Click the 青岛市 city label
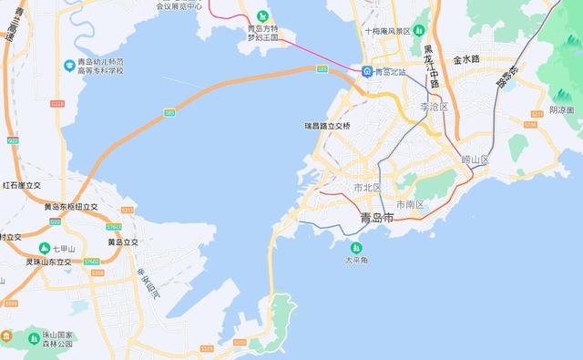[x=376, y=218]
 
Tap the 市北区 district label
[x=367, y=188]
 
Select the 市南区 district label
[x=409, y=203]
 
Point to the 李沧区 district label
[x=435, y=108]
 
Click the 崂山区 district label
[x=475, y=159]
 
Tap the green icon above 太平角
[x=355, y=247]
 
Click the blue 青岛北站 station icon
[x=366, y=72]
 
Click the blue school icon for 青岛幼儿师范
[x=70, y=65]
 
